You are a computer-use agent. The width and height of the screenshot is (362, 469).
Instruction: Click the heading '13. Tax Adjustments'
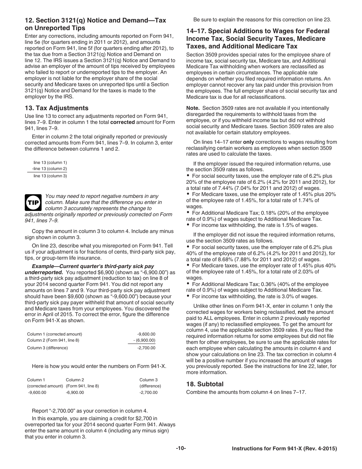tap(56, 108)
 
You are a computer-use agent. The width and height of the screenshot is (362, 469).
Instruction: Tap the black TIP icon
tap(33, 203)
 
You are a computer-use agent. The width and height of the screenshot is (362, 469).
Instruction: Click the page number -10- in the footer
tap(181, 448)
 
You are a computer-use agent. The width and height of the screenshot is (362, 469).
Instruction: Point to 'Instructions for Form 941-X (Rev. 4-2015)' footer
tap(284, 449)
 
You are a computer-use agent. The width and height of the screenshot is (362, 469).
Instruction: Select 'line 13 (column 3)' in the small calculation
tap(50, 176)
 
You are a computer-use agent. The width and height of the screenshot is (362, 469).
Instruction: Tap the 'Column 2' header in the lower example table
tap(75, 380)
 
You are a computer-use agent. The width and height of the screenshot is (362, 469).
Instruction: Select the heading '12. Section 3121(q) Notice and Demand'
tap(95, 24)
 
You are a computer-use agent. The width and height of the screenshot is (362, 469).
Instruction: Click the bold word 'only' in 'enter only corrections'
tap(248, 142)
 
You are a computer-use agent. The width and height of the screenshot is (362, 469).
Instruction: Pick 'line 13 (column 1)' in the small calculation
tap(50, 162)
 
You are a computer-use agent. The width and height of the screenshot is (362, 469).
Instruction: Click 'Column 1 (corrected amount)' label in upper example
tap(54, 334)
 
